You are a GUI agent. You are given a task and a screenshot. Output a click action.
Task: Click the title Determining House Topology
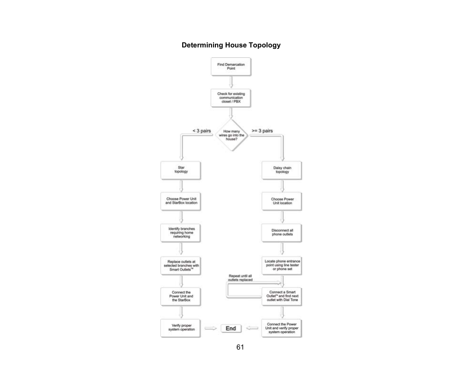click(x=231, y=46)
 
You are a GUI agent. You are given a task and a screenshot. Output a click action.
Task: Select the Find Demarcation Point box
click(x=231, y=66)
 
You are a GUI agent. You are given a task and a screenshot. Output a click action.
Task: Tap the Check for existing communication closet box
click(x=231, y=98)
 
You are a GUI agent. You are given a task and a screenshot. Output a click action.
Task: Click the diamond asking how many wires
click(x=231, y=135)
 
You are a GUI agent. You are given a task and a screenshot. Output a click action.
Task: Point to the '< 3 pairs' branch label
click(x=202, y=130)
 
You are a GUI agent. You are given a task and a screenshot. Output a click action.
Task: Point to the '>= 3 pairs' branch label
click(x=262, y=130)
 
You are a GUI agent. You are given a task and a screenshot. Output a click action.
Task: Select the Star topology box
click(x=181, y=170)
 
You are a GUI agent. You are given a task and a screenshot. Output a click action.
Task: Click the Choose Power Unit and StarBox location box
click(x=181, y=201)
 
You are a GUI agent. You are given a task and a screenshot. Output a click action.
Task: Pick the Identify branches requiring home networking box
click(x=181, y=232)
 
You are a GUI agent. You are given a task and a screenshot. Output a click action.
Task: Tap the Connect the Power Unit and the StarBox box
click(x=181, y=296)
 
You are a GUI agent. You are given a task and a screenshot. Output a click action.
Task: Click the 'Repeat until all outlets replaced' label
click(x=241, y=277)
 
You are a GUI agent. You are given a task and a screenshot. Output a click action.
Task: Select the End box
click(x=231, y=328)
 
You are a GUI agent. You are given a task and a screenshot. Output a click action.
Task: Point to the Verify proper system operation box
click(x=181, y=328)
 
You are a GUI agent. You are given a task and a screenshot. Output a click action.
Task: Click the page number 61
click(x=240, y=348)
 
